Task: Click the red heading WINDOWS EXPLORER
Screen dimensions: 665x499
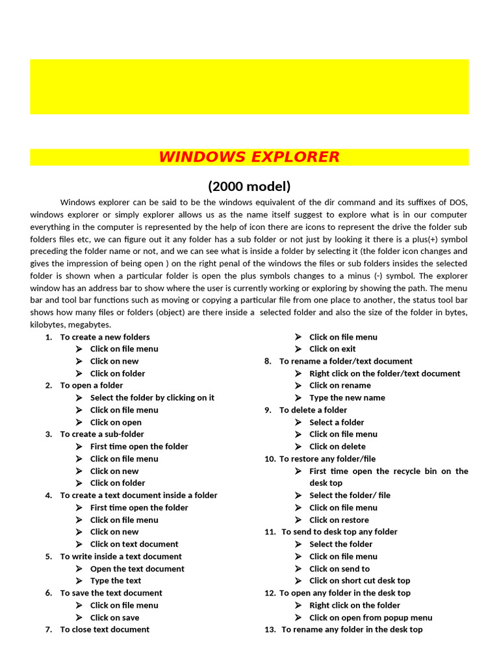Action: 249,157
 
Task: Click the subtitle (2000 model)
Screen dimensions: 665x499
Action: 249,186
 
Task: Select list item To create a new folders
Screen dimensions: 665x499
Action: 105,337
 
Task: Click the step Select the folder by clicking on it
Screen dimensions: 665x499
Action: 152,397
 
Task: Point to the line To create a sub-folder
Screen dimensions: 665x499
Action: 102,434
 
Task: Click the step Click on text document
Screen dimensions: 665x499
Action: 134,544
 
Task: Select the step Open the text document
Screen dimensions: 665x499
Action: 137,569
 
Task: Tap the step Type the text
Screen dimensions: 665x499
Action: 116,581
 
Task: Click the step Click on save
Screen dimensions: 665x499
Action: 114,618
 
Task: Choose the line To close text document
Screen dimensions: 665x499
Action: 105,629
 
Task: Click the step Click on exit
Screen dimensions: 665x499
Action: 332,349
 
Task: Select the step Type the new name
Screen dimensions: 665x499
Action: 347,397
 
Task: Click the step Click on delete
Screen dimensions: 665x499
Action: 337,447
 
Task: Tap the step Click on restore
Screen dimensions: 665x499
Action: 339,520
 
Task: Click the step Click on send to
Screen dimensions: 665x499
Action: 339,569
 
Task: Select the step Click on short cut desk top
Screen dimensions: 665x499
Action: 359,581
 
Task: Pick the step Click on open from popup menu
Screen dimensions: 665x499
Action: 370,618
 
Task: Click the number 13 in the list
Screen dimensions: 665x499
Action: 270,629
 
